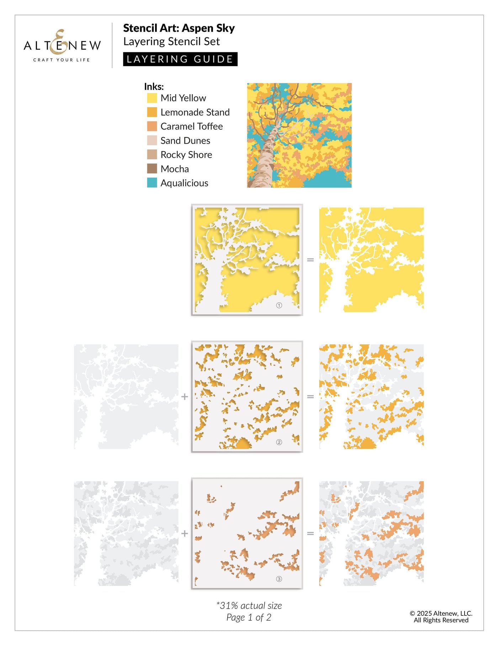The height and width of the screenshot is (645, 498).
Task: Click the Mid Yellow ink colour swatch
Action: pos(152,98)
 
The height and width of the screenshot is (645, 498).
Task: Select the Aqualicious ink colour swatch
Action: pos(152,183)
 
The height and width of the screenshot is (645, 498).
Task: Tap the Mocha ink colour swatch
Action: pos(152,169)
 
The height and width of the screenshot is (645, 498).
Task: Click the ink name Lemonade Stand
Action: pos(195,112)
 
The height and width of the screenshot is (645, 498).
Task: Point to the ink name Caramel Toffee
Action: pos(191,126)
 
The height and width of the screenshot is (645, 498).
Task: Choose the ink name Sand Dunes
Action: pos(185,141)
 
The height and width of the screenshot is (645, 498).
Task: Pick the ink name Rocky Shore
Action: pos(186,155)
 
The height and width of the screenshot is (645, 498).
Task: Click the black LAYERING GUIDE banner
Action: pos(180,59)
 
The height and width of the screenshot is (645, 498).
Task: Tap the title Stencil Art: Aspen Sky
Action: pos(179,28)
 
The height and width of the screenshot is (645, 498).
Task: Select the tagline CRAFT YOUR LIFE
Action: pos(62,60)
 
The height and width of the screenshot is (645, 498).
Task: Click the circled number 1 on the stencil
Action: pos(279,305)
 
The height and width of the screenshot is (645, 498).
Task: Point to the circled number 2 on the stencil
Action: pos(279,442)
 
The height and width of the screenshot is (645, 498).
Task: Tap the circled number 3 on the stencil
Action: pos(279,579)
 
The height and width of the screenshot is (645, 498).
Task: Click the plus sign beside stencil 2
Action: pos(184,397)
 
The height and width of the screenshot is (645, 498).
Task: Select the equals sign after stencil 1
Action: pos(310,260)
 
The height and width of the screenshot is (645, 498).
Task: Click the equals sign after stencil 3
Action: pos(310,534)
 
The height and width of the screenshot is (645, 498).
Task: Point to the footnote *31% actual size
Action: pos(249,605)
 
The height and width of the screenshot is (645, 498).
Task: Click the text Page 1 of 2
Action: pos(249,617)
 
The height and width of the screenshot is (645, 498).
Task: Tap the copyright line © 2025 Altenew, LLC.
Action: pos(441,613)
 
